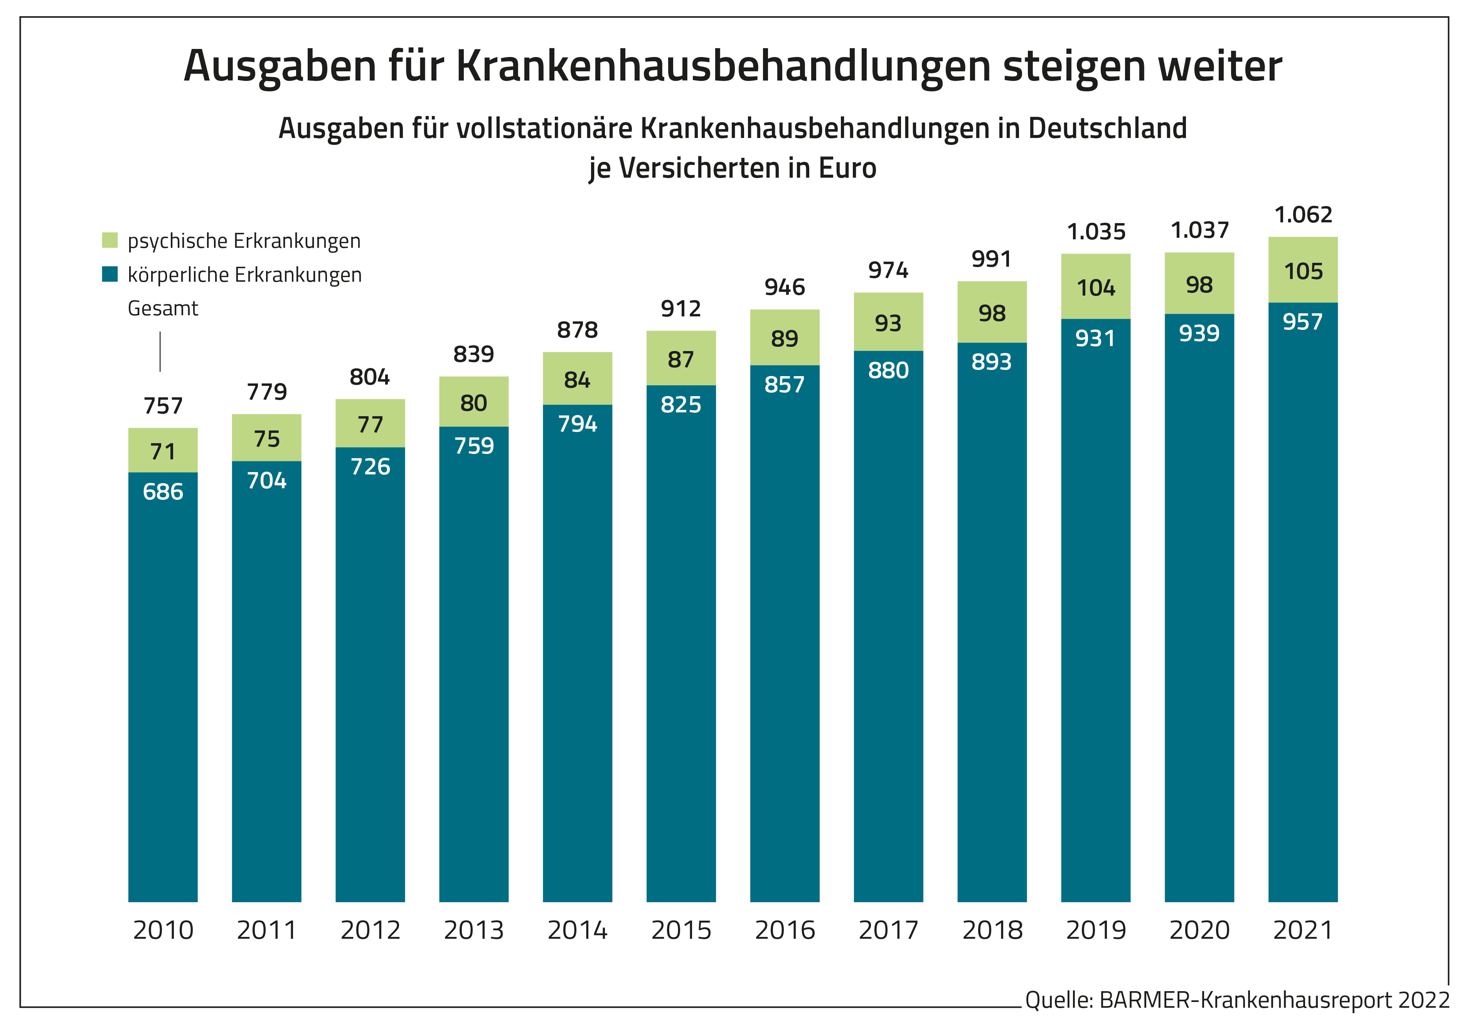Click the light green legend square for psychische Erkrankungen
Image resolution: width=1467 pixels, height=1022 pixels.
(110, 240)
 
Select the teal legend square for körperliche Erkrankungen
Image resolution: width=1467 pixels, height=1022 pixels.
(110, 274)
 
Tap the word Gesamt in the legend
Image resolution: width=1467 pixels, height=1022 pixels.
(163, 309)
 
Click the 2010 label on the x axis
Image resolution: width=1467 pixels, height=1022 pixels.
(163, 930)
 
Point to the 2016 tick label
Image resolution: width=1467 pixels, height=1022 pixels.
(785, 930)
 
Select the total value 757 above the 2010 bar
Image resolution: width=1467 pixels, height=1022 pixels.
(163, 406)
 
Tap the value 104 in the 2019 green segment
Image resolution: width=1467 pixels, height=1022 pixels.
(1096, 288)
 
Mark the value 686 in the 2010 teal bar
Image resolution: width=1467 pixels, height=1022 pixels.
(163, 492)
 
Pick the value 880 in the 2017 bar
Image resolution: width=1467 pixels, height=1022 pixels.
(888, 370)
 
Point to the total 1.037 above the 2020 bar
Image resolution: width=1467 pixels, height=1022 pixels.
(1199, 230)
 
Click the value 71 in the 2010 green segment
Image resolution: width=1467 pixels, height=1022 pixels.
(163, 452)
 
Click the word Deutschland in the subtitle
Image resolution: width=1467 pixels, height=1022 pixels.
(1107, 128)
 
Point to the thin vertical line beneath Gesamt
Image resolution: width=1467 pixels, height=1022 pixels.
(160, 351)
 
